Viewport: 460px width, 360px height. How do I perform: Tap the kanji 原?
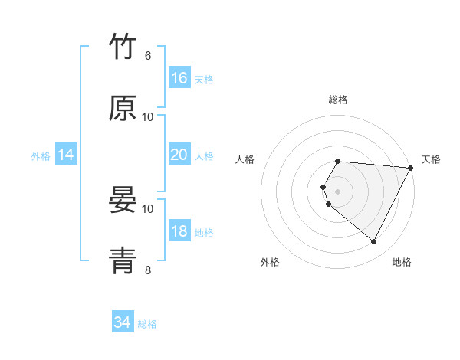[x=123, y=108]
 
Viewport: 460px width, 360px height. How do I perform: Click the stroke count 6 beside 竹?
[x=148, y=56]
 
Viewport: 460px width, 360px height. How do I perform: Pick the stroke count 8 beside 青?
[x=148, y=270]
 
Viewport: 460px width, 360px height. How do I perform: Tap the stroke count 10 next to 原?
[x=148, y=116]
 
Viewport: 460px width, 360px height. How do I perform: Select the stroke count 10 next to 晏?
[x=148, y=208]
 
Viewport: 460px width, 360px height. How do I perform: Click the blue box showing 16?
[x=179, y=78]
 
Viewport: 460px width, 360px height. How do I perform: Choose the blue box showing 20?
[x=179, y=155]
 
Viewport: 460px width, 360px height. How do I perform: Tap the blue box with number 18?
[x=179, y=231]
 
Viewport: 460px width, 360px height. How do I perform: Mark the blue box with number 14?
[x=65, y=155]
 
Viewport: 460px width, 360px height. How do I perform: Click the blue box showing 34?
[x=122, y=323]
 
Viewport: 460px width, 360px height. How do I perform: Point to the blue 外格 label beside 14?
[x=41, y=156]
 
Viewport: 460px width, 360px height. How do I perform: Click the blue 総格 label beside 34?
[x=147, y=325]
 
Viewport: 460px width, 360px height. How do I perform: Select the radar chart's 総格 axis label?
[x=338, y=100]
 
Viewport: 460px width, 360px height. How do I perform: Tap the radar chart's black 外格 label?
[x=270, y=263]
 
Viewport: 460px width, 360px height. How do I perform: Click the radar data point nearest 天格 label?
[x=411, y=167]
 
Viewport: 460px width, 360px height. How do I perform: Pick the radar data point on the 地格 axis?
[x=374, y=242]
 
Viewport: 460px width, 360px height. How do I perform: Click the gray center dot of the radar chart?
[x=338, y=191]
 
